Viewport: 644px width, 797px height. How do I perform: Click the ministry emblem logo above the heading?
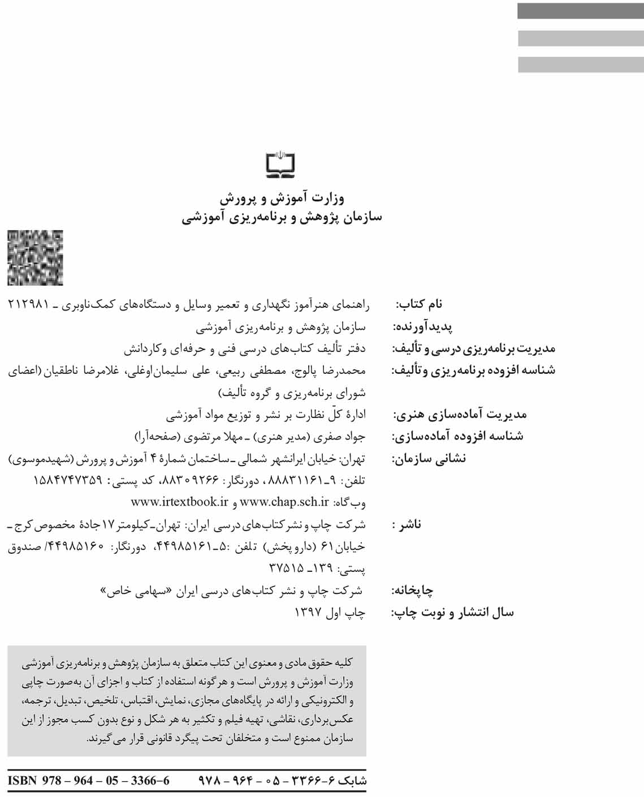pyautogui.click(x=281, y=163)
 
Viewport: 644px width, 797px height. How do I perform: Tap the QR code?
pyautogui.click(x=35, y=258)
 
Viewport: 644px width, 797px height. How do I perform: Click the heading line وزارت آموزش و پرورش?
pyautogui.click(x=282, y=198)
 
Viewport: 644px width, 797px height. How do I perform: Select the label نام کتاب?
pyautogui.click(x=419, y=304)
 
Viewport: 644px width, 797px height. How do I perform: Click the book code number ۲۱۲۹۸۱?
pyautogui.click(x=29, y=304)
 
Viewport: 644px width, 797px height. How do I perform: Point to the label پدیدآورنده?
pyautogui.click(x=422, y=327)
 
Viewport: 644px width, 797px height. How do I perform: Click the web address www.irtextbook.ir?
pyautogui.click(x=179, y=502)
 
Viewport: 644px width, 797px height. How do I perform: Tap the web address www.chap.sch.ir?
pyautogui.click(x=284, y=502)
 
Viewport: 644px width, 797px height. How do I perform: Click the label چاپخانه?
pyautogui.click(x=413, y=591)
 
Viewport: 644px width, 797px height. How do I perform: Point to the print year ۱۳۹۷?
pyautogui.click(x=308, y=612)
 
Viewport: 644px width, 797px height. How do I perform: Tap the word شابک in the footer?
pyautogui.click(x=352, y=781)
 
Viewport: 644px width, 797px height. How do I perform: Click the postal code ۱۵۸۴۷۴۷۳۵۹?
pyautogui.click(x=68, y=480)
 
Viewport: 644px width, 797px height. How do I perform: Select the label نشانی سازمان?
pyautogui.click(x=429, y=458)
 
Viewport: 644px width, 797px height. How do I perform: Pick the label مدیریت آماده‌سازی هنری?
pyautogui.click(x=460, y=415)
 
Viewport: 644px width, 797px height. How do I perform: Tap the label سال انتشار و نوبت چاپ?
pyautogui.click(x=453, y=613)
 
